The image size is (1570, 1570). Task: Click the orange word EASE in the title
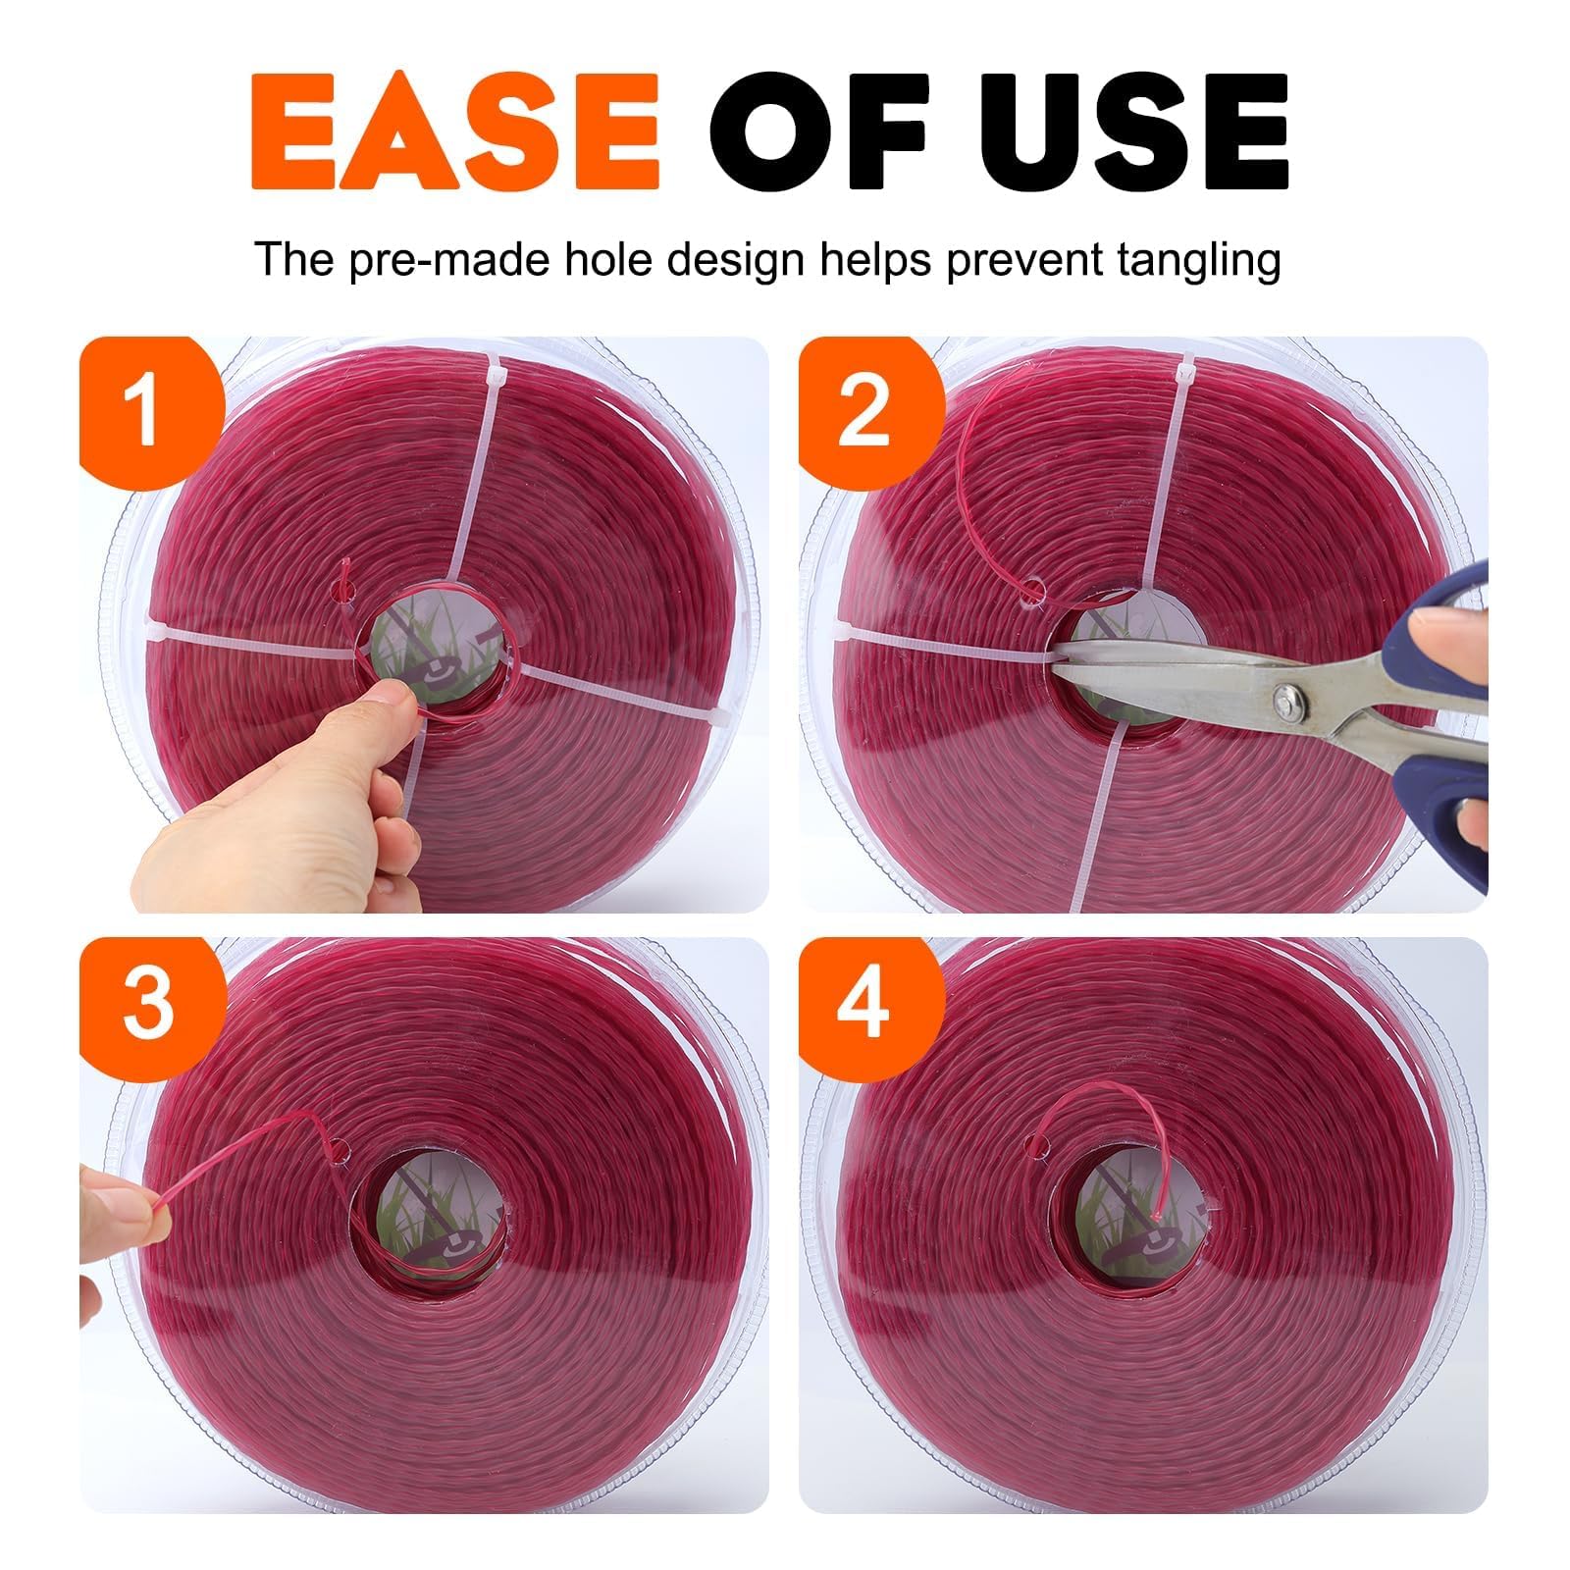click(x=454, y=132)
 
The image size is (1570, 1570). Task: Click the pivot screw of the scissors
click(x=1286, y=701)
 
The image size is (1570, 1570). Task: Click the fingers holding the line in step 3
click(x=128, y=1217)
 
